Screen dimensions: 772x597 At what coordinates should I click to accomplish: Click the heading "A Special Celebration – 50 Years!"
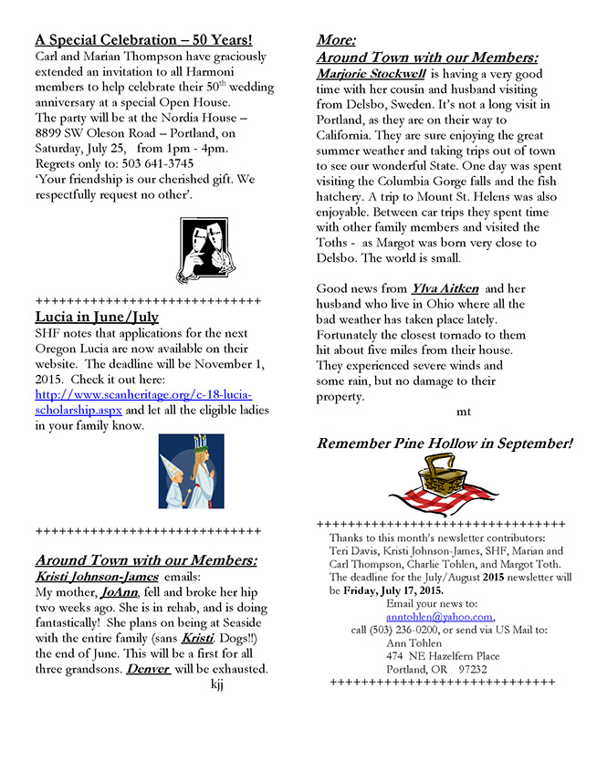[143, 40]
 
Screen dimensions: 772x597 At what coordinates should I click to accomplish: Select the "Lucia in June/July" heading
[97, 318]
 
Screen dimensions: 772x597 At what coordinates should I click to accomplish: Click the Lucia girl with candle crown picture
[191, 471]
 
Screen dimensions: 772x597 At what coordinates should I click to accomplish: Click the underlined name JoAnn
[119, 592]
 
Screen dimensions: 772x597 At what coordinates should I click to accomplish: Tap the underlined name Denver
[148, 669]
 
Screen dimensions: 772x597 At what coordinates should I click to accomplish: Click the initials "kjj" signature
[216, 684]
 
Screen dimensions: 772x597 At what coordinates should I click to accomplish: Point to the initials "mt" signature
[464, 412]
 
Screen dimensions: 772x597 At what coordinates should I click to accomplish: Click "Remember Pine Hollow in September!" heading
[445, 444]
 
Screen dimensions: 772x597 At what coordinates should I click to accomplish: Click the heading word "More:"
[336, 40]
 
